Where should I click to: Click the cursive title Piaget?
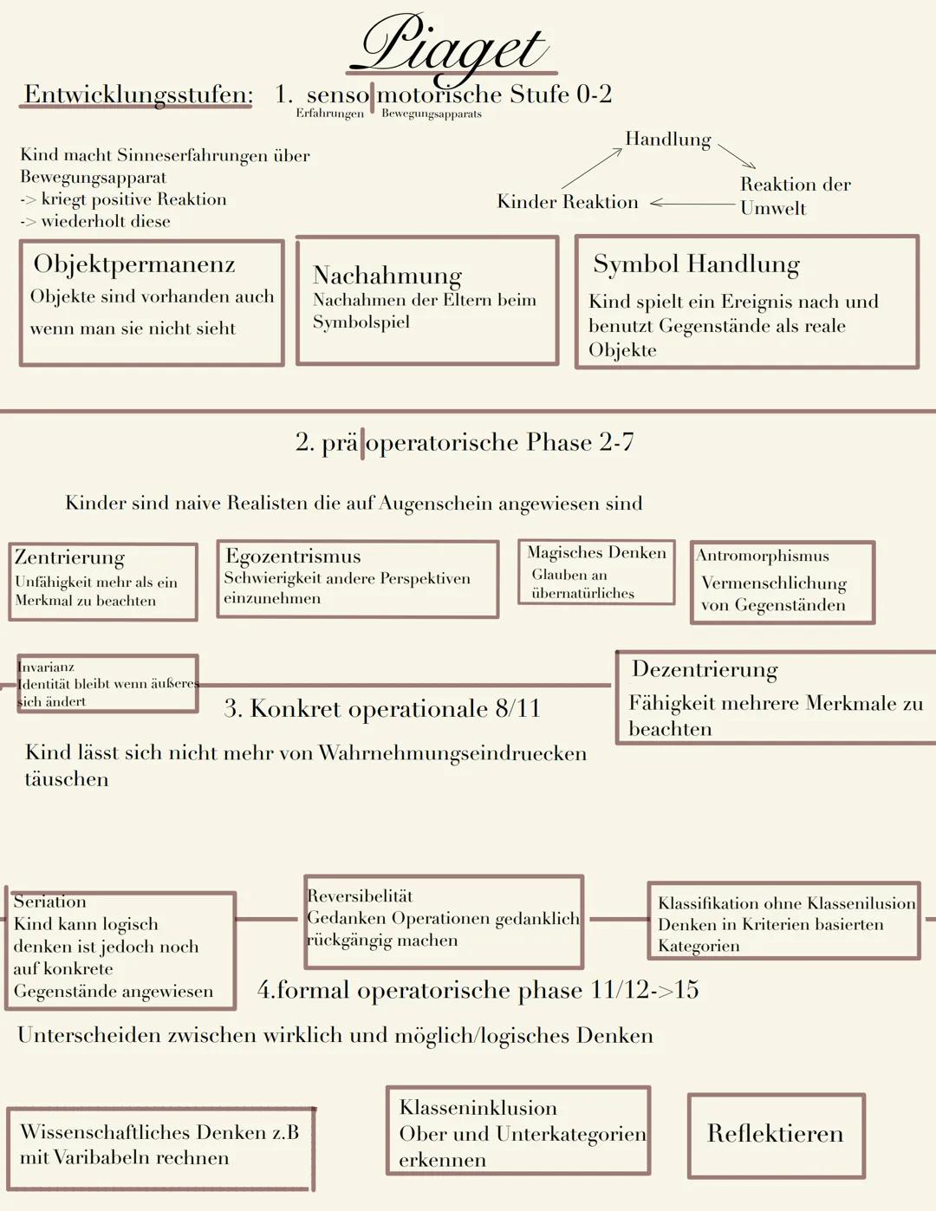pos(451,45)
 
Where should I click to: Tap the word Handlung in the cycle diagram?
pos(667,139)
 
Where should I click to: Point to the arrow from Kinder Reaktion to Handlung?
pos(592,168)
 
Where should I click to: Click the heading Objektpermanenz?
pos(134,264)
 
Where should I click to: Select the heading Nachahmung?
pos(387,275)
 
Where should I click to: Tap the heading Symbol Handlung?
pos(696,264)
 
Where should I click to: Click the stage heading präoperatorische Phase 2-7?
pos(465,442)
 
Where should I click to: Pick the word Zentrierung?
pos(69,557)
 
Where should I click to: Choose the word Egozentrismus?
pos(293,556)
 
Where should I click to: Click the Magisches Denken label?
pos(596,552)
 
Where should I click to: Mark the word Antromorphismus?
pos(763,556)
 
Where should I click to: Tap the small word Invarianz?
pos(46,667)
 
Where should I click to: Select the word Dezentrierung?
pos(705,669)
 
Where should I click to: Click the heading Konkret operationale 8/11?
pos(381,708)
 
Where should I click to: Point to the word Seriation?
pos(49,902)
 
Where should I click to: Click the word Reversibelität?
pos(360,895)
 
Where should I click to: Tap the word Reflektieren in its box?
pos(775,1133)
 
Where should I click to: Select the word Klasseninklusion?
pos(478,1107)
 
